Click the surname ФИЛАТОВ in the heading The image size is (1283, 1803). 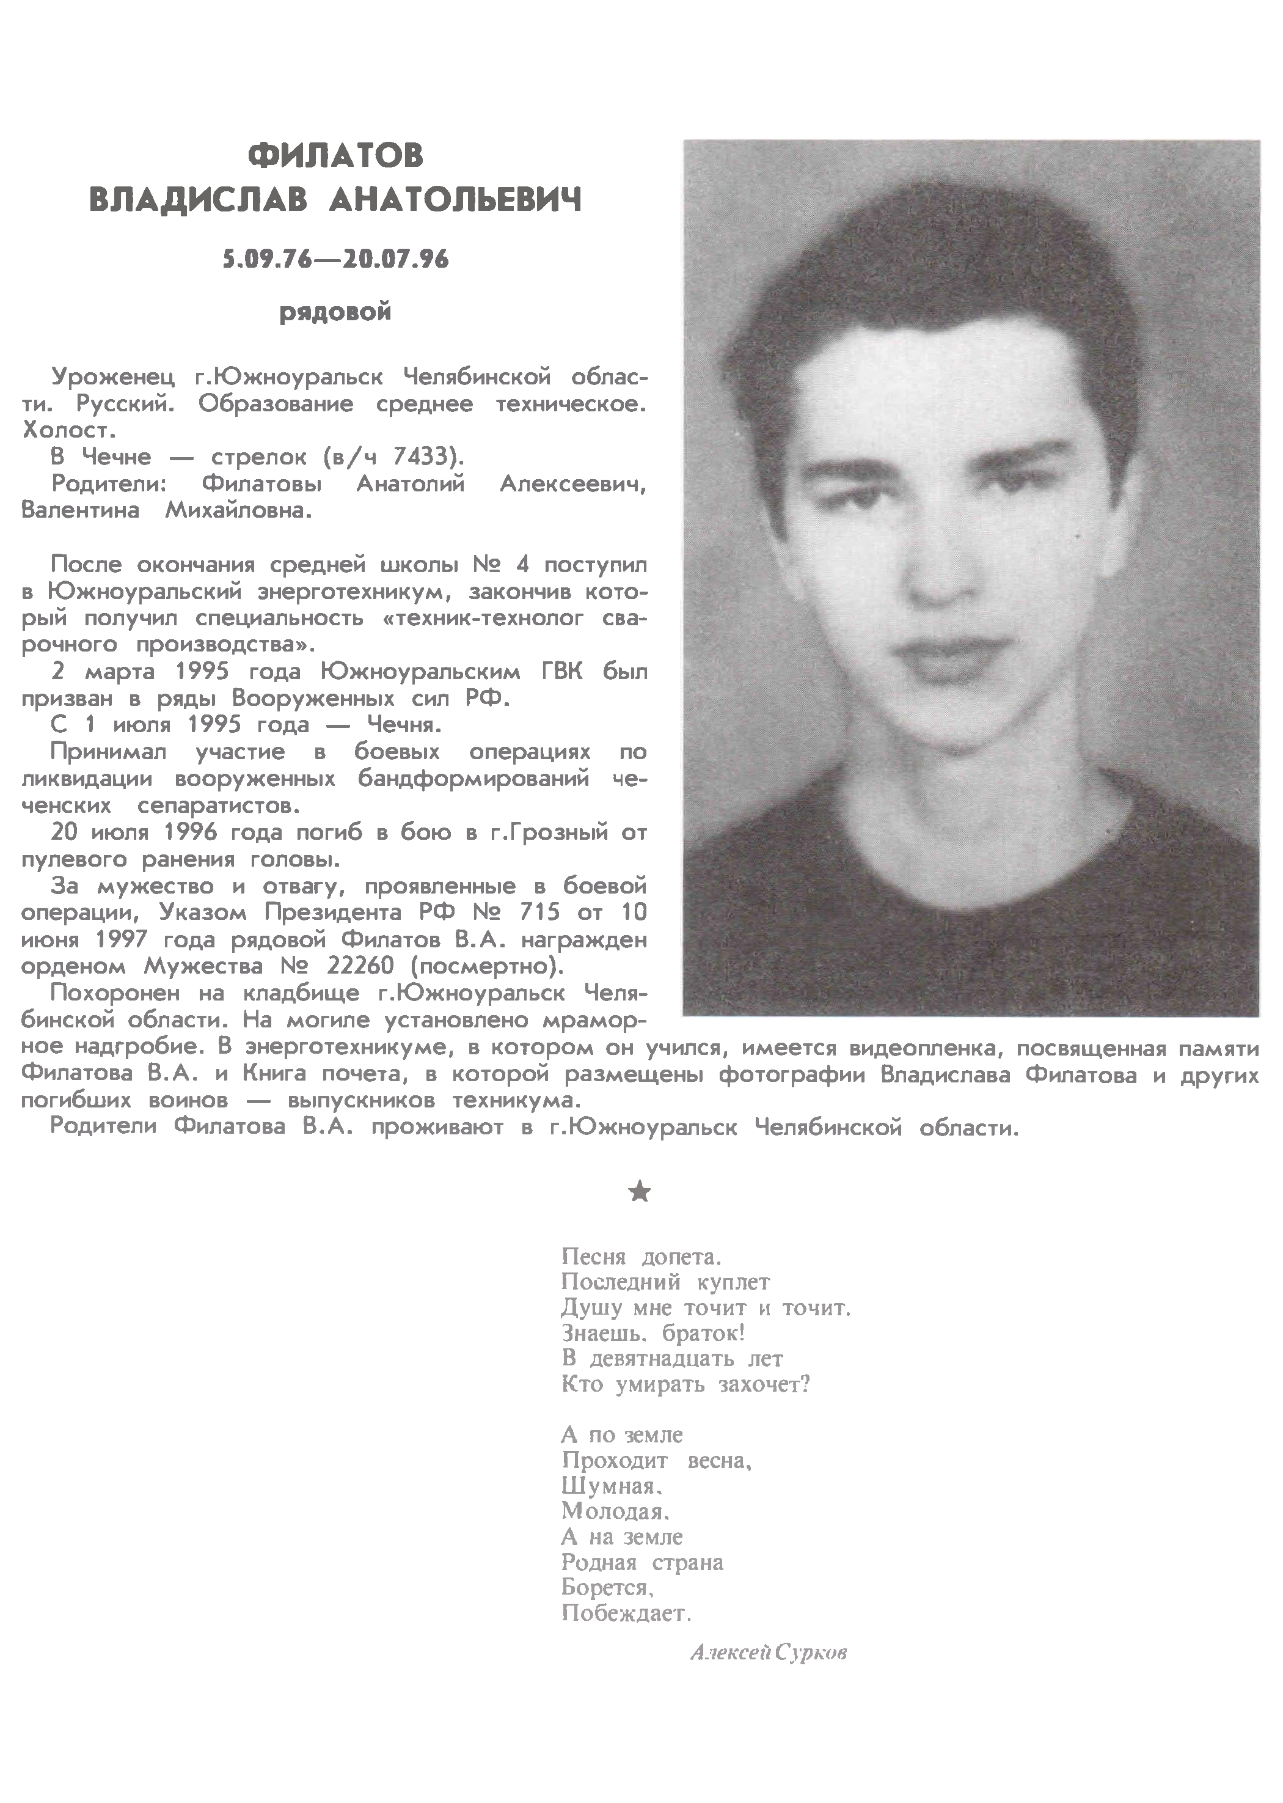pos(335,156)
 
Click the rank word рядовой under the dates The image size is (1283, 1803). pos(335,313)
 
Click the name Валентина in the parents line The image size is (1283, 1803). pos(80,510)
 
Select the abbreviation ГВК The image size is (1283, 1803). pos(553,672)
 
